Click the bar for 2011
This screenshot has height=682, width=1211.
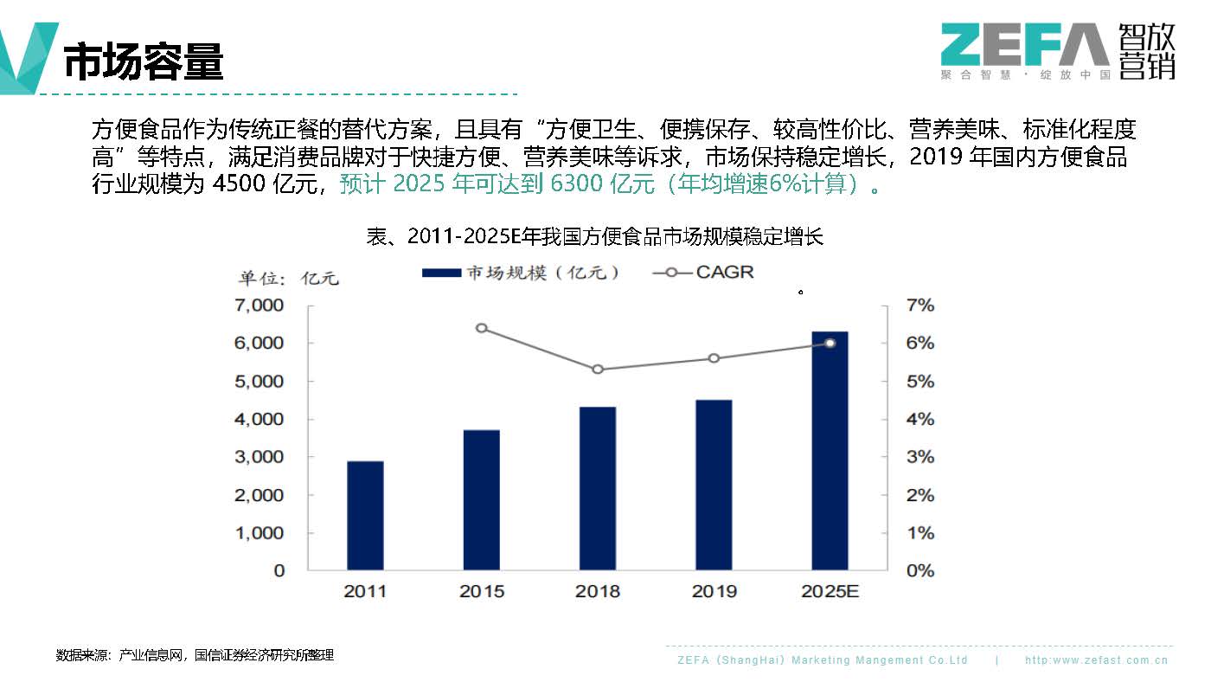click(365, 516)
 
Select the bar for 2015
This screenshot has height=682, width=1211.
click(482, 500)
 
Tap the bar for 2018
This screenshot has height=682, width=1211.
click(598, 489)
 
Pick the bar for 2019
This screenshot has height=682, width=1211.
click(714, 486)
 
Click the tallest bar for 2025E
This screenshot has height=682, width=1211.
click(830, 451)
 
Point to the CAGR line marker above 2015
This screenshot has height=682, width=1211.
click(482, 328)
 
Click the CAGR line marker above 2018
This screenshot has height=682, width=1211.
click(598, 370)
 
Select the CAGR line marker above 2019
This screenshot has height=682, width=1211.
click(714, 358)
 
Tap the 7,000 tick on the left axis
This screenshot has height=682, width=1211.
click(259, 306)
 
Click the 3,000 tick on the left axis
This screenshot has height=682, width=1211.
click(259, 457)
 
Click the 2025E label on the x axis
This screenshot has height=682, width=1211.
click(830, 592)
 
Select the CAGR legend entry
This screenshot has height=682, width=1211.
click(704, 273)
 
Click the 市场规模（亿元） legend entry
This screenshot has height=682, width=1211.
click(522, 273)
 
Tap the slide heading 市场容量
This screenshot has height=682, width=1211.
click(144, 61)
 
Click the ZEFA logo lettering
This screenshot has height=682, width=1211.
click(1024, 45)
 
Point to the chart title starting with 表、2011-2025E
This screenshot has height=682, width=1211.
click(594, 236)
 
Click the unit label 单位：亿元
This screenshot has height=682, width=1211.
click(289, 279)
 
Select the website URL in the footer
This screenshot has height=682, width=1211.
click(1096, 660)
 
